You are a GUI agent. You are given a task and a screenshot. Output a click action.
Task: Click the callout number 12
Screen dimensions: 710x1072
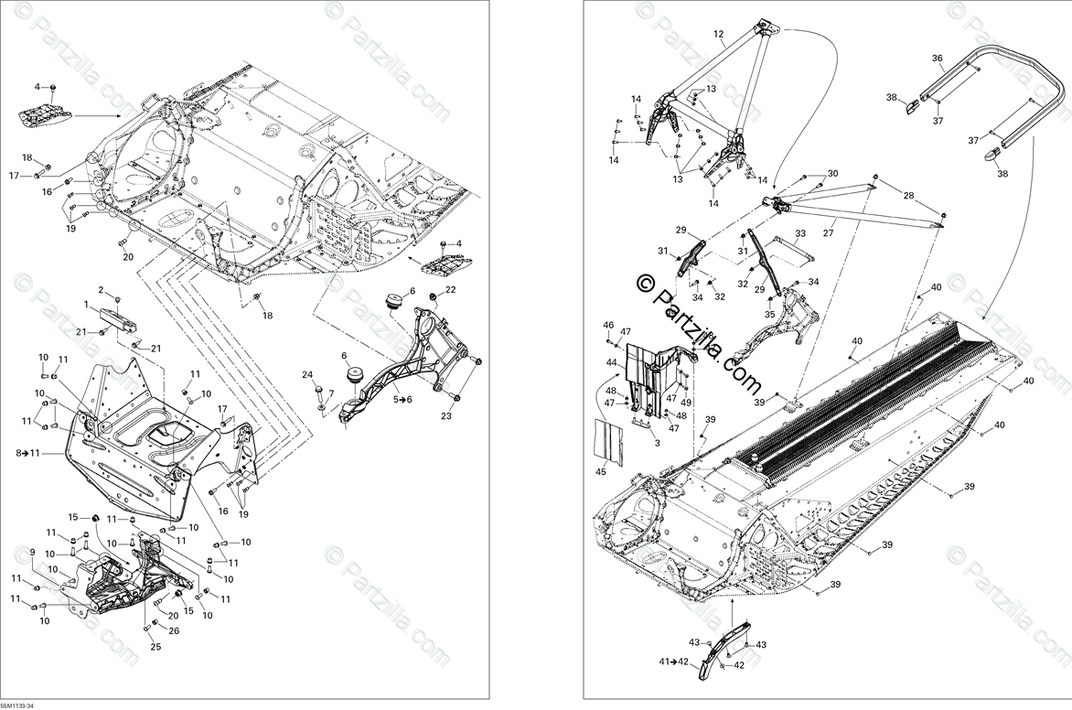718,34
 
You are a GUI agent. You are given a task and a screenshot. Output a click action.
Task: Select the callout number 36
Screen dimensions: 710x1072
938,58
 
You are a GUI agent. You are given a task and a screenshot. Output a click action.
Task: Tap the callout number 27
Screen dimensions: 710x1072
829,232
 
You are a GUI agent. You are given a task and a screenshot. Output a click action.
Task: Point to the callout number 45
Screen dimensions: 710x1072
601,472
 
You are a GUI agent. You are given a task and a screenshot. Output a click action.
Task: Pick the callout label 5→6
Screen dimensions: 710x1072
403,399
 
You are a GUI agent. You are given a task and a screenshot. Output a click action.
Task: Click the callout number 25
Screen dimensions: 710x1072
155,648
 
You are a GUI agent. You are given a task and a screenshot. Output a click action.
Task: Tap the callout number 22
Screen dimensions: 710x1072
33,552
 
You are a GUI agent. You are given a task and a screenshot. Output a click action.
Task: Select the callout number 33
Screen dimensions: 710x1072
800,233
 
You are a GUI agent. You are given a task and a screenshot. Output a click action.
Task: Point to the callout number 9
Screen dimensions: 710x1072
33,552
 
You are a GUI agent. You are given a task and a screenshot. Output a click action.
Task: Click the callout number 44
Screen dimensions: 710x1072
611,363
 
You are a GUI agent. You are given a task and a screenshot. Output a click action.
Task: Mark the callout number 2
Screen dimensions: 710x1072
102,290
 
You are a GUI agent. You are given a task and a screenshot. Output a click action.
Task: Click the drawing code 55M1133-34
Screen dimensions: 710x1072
17,705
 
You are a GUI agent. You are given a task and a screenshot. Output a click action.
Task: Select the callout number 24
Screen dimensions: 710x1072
307,374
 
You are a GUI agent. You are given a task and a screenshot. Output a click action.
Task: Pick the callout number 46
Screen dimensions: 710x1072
608,325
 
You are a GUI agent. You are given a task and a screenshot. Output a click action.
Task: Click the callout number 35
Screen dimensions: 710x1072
769,314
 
